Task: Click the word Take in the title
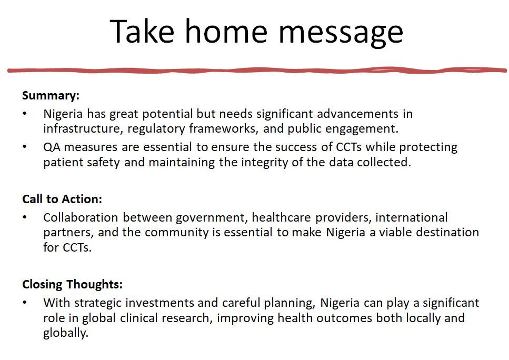pyautogui.click(x=142, y=31)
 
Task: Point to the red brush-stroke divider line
pyautogui.click(x=257, y=71)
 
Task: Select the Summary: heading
pyautogui.click(x=51, y=95)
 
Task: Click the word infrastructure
pyautogui.click(x=83, y=128)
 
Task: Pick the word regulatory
pyautogui.click(x=156, y=129)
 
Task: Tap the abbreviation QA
pyautogui.click(x=52, y=147)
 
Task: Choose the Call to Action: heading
pyautogui.click(x=62, y=199)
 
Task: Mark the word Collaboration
pyautogui.click(x=81, y=217)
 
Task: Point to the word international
pyautogui.click(x=411, y=217)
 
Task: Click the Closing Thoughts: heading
pyautogui.click(x=73, y=284)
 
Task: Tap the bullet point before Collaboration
pyautogui.click(x=25, y=217)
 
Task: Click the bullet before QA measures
pyautogui.click(x=25, y=147)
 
